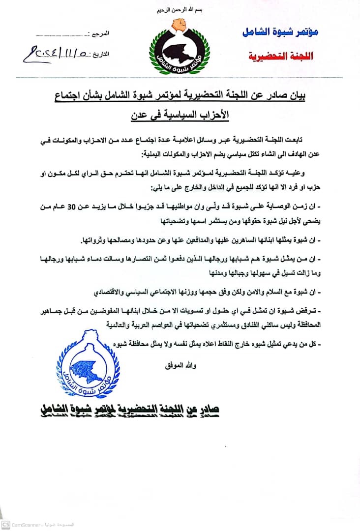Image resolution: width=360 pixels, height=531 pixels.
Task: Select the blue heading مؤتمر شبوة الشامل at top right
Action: point(281,32)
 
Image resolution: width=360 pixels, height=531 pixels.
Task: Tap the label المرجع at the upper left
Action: point(101,35)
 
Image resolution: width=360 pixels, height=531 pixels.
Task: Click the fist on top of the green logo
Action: point(180,24)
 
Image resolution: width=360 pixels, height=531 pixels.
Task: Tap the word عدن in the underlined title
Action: point(142,116)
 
